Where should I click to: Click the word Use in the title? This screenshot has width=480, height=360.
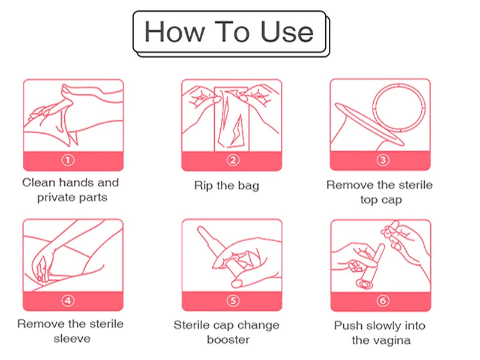pos(287,32)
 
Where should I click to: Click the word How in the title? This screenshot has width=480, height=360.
pos(175,32)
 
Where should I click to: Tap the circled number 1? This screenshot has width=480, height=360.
pos(68,160)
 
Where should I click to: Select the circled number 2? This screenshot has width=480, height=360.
pos(233,160)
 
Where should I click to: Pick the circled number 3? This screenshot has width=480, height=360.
pos(383,160)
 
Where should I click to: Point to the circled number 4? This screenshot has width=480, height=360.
pos(68,301)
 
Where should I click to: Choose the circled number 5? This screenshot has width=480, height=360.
pos(233,301)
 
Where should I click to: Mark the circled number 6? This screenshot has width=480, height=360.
pos(383,301)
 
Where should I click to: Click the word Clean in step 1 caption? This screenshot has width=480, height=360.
pos(38,182)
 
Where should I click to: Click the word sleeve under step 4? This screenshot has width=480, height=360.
pos(72,338)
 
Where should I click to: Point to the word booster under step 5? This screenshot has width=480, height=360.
pos(228,340)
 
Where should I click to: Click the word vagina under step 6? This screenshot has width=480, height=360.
pos(394,340)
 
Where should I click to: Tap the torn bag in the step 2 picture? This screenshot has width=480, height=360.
pos(232,119)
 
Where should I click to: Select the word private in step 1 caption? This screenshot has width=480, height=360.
pos(56,197)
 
